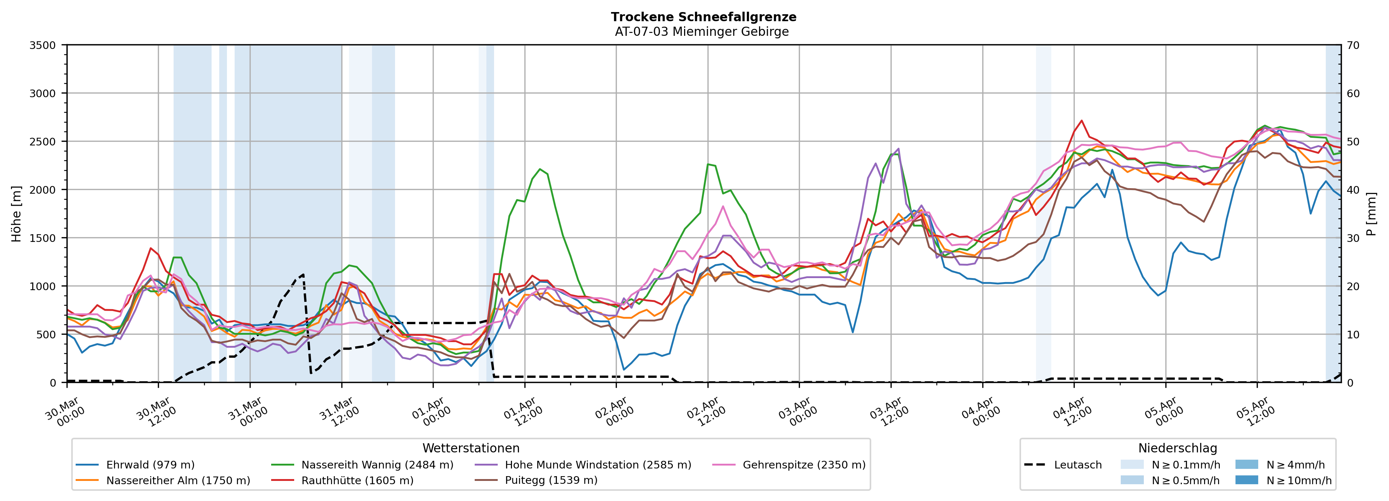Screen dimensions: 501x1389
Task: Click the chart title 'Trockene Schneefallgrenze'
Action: point(703,17)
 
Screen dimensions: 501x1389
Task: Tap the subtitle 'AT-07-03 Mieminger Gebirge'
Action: point(702,31)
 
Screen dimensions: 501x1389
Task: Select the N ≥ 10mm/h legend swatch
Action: point(1246,480)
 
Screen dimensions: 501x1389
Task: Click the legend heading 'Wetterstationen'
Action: point(471,448)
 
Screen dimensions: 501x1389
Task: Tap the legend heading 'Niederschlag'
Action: point(1178,448)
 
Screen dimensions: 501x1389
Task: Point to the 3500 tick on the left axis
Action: point(43,45)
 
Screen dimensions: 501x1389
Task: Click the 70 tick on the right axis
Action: point(1353,45)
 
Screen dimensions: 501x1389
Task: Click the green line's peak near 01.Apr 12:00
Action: point(540,169)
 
